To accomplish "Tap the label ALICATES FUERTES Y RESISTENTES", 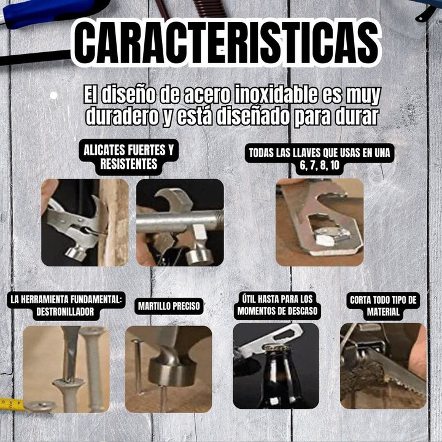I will click(128, 158).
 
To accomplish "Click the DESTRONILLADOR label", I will click(66, 305).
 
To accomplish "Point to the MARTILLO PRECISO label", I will click(169, 305).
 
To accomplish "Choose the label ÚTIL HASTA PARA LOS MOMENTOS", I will click(278, 305).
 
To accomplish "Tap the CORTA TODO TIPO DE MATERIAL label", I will click(383, 305).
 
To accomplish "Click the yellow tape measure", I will click(11, 404).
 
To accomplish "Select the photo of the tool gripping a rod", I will click(180, 222).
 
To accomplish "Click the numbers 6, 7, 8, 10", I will click(319, 165).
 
